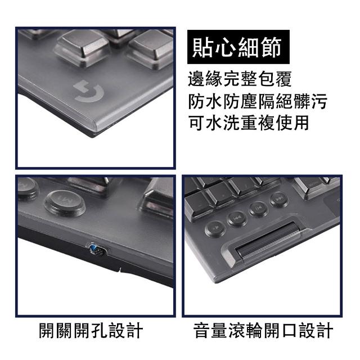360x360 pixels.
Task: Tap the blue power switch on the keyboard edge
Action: point(97,250)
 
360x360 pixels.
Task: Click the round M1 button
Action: point(65,203)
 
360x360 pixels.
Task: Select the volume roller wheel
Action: point(268,240)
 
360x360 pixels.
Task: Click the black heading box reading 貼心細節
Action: point(238,47)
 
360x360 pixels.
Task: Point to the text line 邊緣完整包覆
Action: point(240,79)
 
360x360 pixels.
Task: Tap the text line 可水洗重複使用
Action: point(249,123)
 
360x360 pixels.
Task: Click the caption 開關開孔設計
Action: point(91,331)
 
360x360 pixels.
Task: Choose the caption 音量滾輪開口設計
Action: point(263,331)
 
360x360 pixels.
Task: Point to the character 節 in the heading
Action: point(272,47)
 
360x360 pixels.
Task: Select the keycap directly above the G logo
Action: point(82,48)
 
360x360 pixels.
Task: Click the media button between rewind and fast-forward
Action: point(259,208)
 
